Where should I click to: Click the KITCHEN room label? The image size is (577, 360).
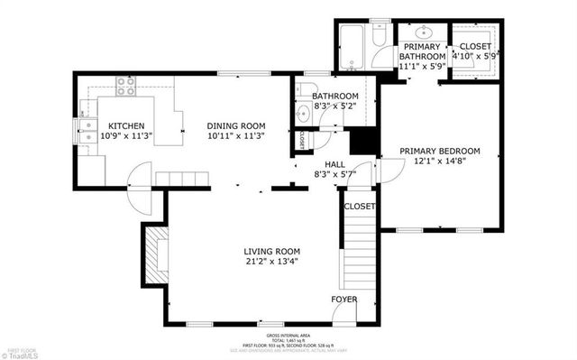click(x=126, y=125)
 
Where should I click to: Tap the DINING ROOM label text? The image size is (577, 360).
click(x=235, y=125)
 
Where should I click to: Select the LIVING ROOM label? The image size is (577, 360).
click(x=271, y=251)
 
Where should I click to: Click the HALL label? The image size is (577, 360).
click(x=323, y=163)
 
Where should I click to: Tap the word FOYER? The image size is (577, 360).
click(x=344, y=299)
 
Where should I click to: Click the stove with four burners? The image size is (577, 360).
click(x=126, y=88)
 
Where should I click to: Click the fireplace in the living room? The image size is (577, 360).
click(x=155, y=255)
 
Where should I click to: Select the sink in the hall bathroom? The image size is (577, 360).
click(x=303, y=113)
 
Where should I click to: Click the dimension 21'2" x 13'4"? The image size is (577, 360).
click(x=271, y=262)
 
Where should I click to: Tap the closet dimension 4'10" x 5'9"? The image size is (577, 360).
click(x=474, y=56)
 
